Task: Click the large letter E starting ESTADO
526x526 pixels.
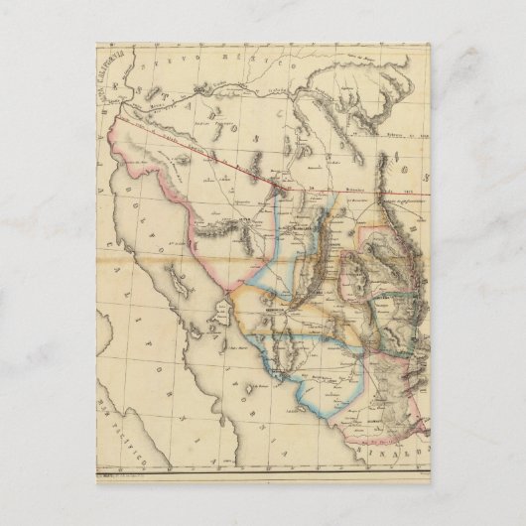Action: [x=117, y=98]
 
